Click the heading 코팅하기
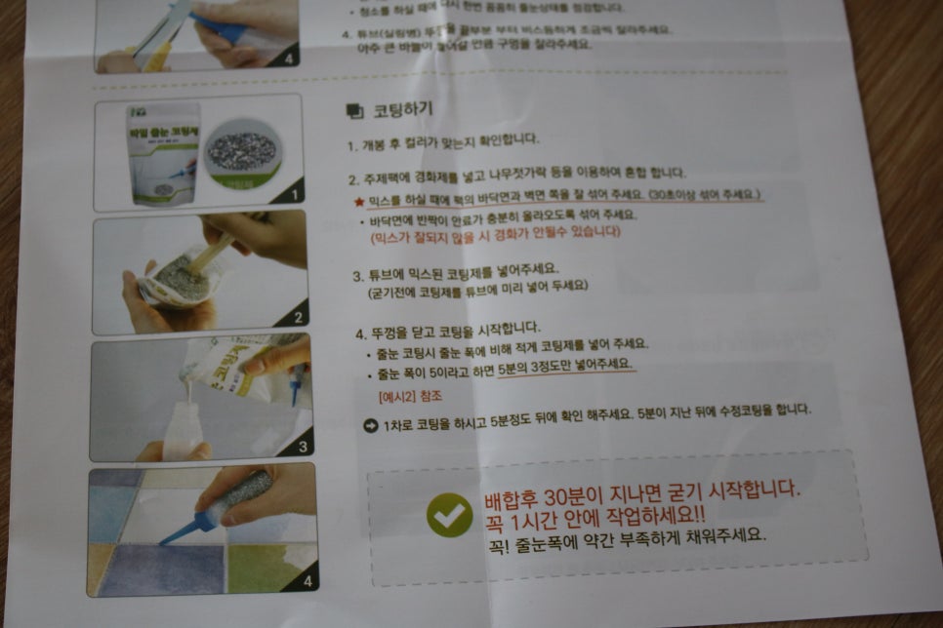pyautogui.click(x=400, y=110)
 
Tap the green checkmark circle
pyautogui.click(x=449, y=515)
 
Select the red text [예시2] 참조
pyautogui.click(x=409, y=397)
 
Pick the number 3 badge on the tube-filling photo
pyautogui.click(x=302, y=447)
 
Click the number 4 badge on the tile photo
pyautogui.click(x=306, y=582)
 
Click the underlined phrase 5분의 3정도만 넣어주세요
pyautogui.click(x=565, y=365)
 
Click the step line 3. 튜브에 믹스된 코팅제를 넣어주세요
pyautogui.click(x=454, y=276)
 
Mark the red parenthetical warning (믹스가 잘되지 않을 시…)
pyautogui.click(x=494, y=232)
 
